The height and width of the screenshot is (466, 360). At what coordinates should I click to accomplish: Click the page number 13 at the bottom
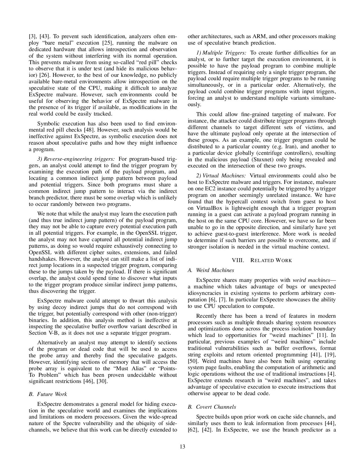[x=182, y=447]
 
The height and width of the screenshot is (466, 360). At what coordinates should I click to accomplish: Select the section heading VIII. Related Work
[x=262, y=260]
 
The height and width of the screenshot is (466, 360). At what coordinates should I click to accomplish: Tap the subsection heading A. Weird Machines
[x=211, y=270]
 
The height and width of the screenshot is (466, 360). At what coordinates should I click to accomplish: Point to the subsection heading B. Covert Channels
[x=212, y=407]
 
